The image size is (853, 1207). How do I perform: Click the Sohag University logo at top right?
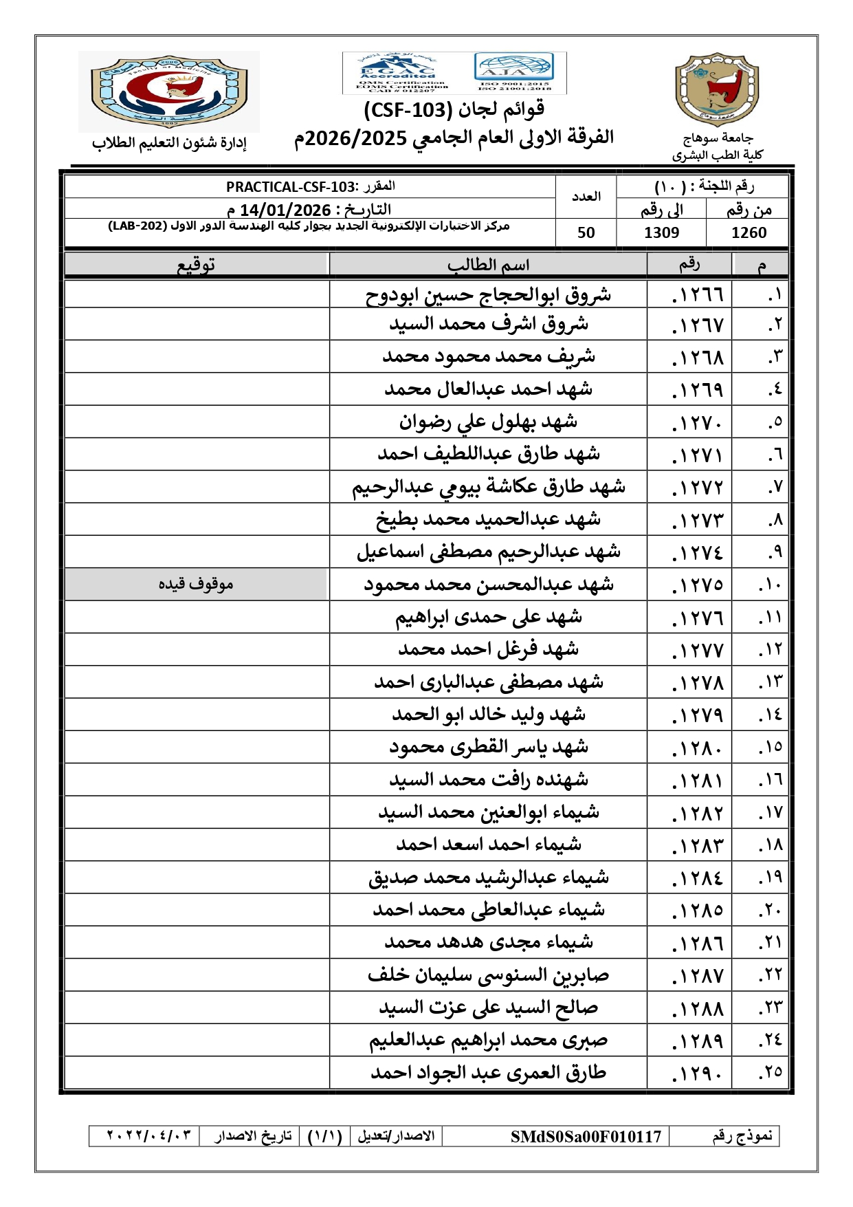coord(717,89)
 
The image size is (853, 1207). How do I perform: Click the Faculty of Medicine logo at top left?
coord(169,91)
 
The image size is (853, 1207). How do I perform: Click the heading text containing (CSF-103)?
coord(454,110)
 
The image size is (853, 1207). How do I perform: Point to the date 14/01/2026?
coord(285,210)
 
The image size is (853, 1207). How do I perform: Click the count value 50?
coord(586,232)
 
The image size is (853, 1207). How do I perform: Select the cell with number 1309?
coord(661,232)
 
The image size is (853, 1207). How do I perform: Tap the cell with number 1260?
coord(749,232)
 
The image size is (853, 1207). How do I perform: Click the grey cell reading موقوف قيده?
coord(196,584)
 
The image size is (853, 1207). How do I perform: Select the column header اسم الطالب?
coord(488,265)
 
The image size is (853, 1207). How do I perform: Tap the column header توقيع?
coord(196,265)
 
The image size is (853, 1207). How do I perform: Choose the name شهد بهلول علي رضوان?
coord(488,422)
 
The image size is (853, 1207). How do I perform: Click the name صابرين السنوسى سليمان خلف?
coord(488,975)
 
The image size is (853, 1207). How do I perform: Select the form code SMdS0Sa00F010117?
coord(586,1136)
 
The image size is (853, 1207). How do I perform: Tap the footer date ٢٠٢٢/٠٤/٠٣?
coord(148,1135)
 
